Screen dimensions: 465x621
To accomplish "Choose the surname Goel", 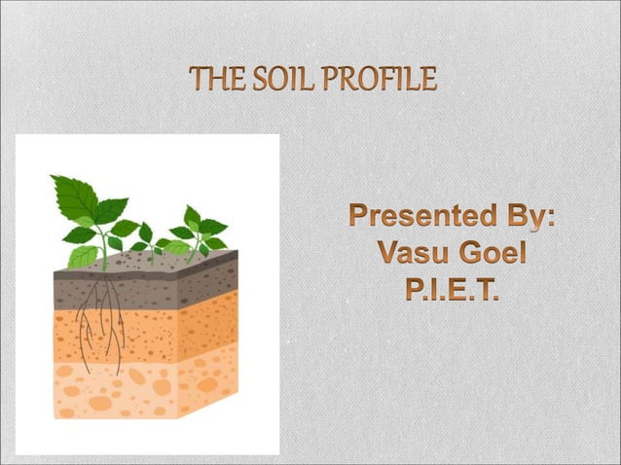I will (492, 255).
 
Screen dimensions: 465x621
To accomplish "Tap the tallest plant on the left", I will (92, 214).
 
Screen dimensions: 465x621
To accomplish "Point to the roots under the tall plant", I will (102, 321).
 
